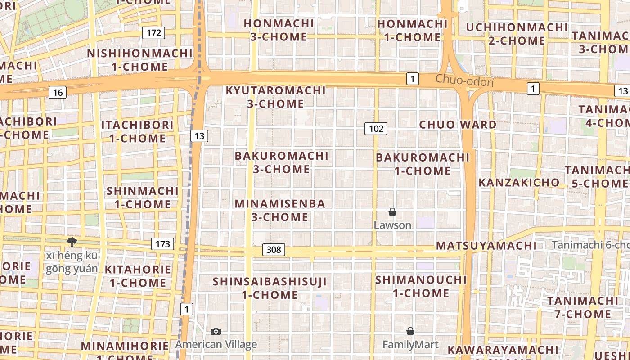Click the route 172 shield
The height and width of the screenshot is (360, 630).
click(x=154, y=32)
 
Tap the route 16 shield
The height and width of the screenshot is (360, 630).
click(x=58, y=93)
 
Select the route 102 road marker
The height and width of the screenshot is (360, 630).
click(x=376, y=129)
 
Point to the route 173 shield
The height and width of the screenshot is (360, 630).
click(x=162, y=244)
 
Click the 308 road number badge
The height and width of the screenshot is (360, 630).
click(x=274, y=250)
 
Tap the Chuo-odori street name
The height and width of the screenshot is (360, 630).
click(x=464, y=81)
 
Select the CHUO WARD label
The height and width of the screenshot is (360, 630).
click(x=458, y=125)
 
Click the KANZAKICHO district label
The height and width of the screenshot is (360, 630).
click(x=519, y=183)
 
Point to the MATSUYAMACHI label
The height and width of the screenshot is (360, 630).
click(x=486, y=246)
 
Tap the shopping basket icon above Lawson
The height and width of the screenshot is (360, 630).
click(x=392, y=212)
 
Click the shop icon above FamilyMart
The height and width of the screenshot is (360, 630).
click(x=410, y=332)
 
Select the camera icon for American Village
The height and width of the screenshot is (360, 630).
click(x=216, y=332)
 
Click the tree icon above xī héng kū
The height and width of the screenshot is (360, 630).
click(x=72, y=242)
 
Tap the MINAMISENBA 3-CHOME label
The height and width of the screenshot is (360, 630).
click(x=280, y=210)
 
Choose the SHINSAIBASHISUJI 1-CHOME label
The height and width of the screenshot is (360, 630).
click(x=270, y=288)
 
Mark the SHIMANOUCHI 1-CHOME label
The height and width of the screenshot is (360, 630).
click(x=421, y=286)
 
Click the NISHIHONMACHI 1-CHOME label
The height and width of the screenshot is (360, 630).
click(x=140, y=60)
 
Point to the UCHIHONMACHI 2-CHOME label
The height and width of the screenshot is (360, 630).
click(x=517, y=34)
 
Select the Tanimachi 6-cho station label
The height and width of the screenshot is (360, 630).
click(x=590, y=245)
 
